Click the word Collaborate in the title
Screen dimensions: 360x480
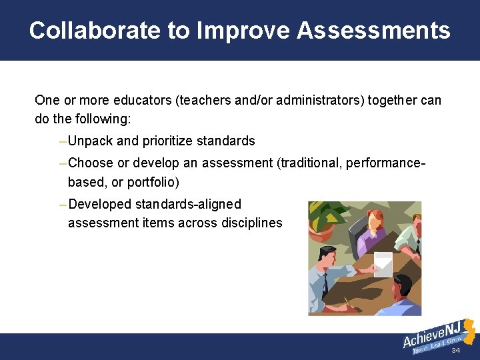pos(85,31)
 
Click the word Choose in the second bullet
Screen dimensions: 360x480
pos(91,163)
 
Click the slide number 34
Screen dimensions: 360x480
pos(456,351)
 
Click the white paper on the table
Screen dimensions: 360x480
pos(383,263)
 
